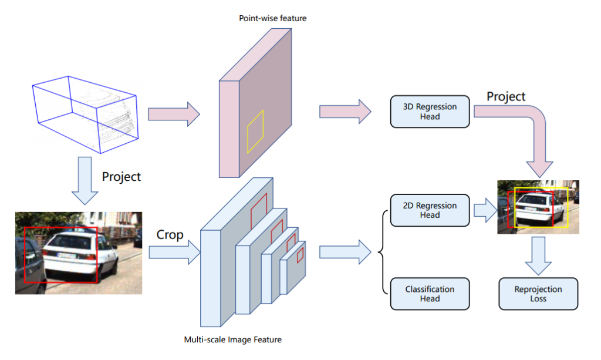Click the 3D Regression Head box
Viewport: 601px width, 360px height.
coord(430,112)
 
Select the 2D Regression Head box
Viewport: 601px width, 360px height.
coord(430,210)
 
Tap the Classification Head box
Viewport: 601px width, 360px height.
coord(430,294)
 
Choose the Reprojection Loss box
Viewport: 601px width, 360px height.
coord(538,294)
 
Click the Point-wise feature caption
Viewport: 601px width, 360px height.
coord(272,18)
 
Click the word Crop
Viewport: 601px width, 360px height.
coord(170,234)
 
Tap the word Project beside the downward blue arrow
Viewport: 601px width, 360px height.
coord(121,176)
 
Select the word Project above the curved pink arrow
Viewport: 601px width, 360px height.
coord(505,96)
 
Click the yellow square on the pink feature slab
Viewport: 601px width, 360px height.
coord(255,132)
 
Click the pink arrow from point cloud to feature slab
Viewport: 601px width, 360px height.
coord(174,113)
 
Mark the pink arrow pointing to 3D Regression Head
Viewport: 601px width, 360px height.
coord(345,112)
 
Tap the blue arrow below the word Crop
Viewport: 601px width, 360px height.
coord(174,253)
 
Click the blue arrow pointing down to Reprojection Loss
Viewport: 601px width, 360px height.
coord(538,255)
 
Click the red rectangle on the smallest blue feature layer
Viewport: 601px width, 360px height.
coord(300,254)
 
